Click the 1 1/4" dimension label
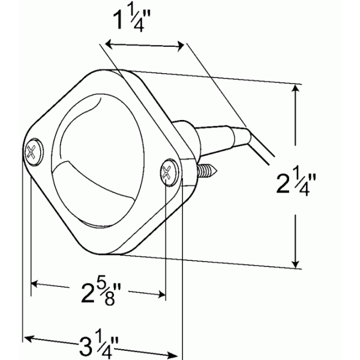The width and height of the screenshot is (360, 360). [131, 20]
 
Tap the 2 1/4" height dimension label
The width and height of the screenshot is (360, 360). [296, 183]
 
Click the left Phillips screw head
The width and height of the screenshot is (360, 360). [34, 152]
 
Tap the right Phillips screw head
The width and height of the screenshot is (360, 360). [169, 172]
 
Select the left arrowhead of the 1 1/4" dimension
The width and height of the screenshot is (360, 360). [109, 44]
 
